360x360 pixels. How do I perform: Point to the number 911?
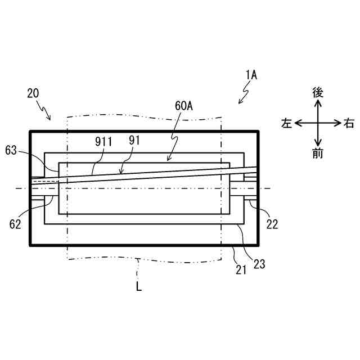pos(103,142)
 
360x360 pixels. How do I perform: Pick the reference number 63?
pos(12,151)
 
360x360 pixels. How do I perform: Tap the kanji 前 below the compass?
pos(318,153)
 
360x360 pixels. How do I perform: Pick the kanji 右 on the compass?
pos(349,123)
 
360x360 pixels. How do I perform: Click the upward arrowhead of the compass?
pos(318,103)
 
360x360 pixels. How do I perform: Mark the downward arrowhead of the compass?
pos(318,143)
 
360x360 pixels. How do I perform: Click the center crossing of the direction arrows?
pos(318,123)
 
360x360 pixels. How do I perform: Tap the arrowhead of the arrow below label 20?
pos(49,119)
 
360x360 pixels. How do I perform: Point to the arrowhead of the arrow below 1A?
pos(240,102)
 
